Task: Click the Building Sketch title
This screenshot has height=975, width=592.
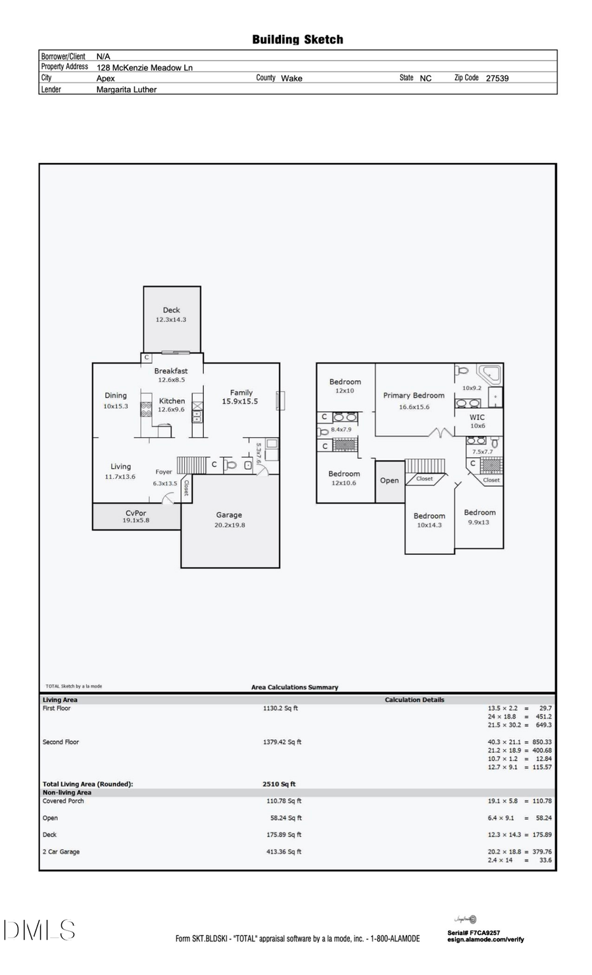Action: point(297,39)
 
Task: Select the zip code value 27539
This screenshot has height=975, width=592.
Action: point(497,78)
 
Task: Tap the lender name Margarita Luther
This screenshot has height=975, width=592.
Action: point(126,89)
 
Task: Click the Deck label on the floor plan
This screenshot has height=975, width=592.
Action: point(171,310)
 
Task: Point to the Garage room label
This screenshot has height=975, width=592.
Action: point(229,515)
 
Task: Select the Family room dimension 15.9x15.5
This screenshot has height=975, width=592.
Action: point(239,401)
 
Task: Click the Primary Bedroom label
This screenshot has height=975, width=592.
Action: point(414,395)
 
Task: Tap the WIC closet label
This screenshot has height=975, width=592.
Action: point(477,417)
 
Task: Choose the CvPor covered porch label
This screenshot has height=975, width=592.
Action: point(136,513)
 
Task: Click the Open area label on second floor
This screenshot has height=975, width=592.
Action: point(389,481)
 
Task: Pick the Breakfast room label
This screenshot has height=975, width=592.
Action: point(171,371)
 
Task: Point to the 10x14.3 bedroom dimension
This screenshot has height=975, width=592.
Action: point(429,525)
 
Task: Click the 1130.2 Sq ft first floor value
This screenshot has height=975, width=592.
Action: point(280,708)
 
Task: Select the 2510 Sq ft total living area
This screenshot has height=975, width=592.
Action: point(279,784)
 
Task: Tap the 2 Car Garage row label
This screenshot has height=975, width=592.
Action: point(61,851)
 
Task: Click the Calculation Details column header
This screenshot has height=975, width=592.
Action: point(414,700)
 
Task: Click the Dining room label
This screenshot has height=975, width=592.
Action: point(116,395)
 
